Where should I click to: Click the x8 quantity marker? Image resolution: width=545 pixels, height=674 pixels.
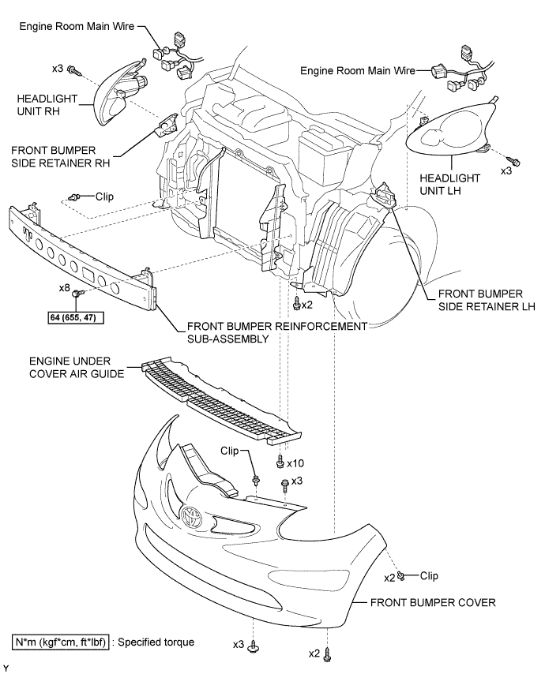pos(65,289)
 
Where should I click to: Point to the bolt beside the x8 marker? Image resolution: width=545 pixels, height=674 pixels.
pos(77,294)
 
